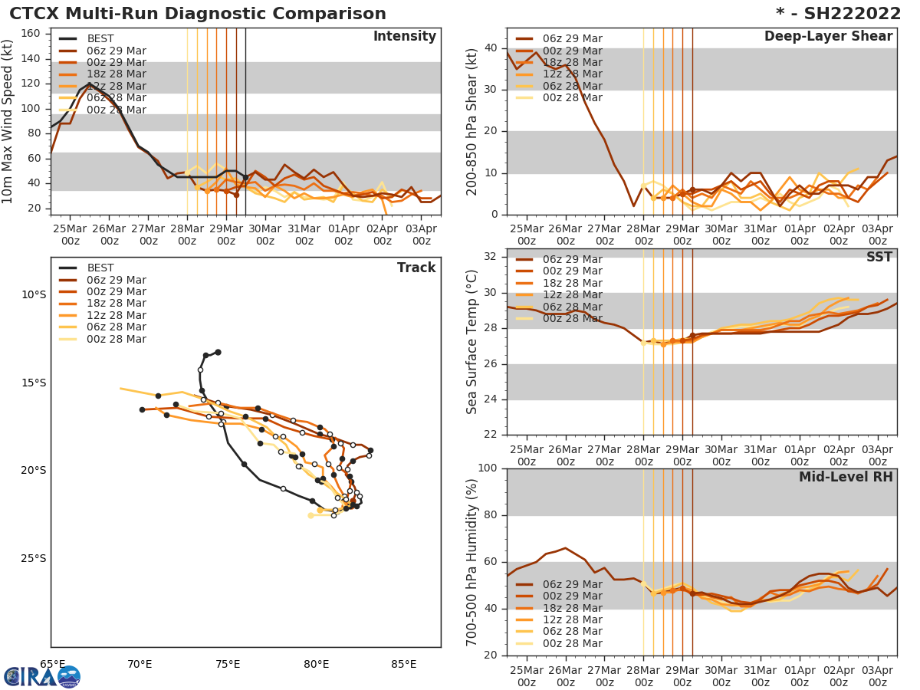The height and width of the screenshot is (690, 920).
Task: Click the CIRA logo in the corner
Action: [x=42, y=676]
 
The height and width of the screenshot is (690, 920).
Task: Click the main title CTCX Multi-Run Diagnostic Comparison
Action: [x=198, y=14]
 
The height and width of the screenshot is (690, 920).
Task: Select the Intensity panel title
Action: [x=404, y=37]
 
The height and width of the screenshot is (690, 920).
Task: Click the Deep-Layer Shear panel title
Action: [x=828, y=37]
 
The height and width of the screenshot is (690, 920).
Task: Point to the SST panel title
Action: [x=879, y=257]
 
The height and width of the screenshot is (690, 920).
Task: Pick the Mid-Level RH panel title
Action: [x=846, y=477]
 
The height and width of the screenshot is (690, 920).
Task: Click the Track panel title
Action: [x=416, y=268]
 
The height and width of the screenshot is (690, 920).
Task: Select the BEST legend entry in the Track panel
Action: [x=100, y=268]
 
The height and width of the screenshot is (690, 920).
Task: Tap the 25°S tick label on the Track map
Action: [x=34, y=558]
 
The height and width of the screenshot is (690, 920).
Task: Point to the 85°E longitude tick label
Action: [x=404, y=664]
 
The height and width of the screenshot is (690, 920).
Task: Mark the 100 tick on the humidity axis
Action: [x=488, y=468]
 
